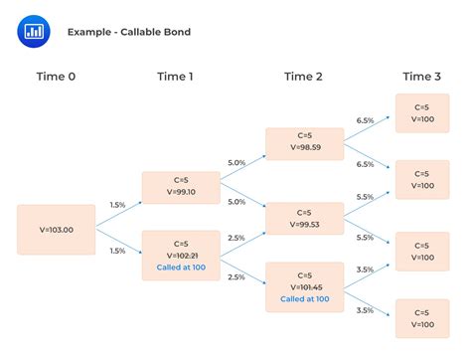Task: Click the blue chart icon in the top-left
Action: tap(35, 31)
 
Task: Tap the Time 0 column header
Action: tap(55, 77)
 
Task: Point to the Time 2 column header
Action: tap(304, 77)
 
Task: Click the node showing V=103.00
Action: tap(56, 229)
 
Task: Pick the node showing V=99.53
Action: tap(305, 220)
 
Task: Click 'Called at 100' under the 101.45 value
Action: tap(305, 298)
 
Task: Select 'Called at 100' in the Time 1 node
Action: tap(180, 268)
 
